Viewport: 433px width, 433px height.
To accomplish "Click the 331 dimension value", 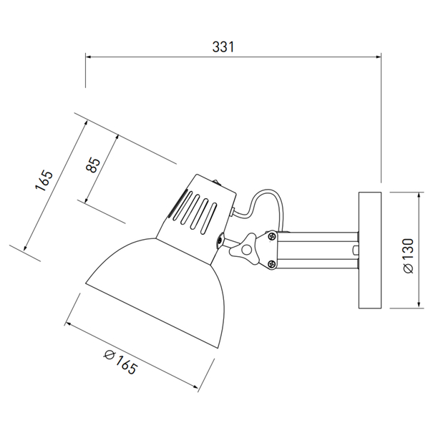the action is click(223, 47).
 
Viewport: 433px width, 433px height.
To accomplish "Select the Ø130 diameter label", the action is click(409, 256).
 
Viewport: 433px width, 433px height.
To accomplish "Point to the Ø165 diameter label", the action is click(120, 362).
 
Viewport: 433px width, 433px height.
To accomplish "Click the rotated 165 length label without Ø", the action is click(44, 180).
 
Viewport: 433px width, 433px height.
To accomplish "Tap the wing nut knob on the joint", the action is click(243, 248).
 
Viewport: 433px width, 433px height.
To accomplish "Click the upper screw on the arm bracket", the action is click(272, 235).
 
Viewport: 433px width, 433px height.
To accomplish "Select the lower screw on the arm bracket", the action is click(272, 264).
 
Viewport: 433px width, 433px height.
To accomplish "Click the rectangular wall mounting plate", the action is click(370, 250).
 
